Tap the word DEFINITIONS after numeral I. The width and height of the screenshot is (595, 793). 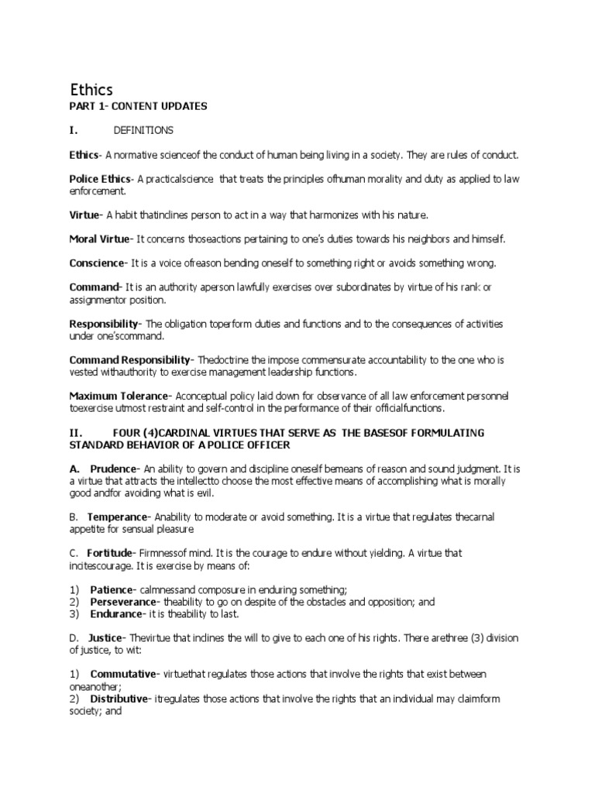[143, 129]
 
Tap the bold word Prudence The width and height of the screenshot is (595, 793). [113, 469]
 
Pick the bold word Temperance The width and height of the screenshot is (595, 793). [117, 516]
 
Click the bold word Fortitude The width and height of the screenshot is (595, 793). [111, 553]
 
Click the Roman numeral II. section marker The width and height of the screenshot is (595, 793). [76, 432]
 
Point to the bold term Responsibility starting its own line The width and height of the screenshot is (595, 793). [103, 324]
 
